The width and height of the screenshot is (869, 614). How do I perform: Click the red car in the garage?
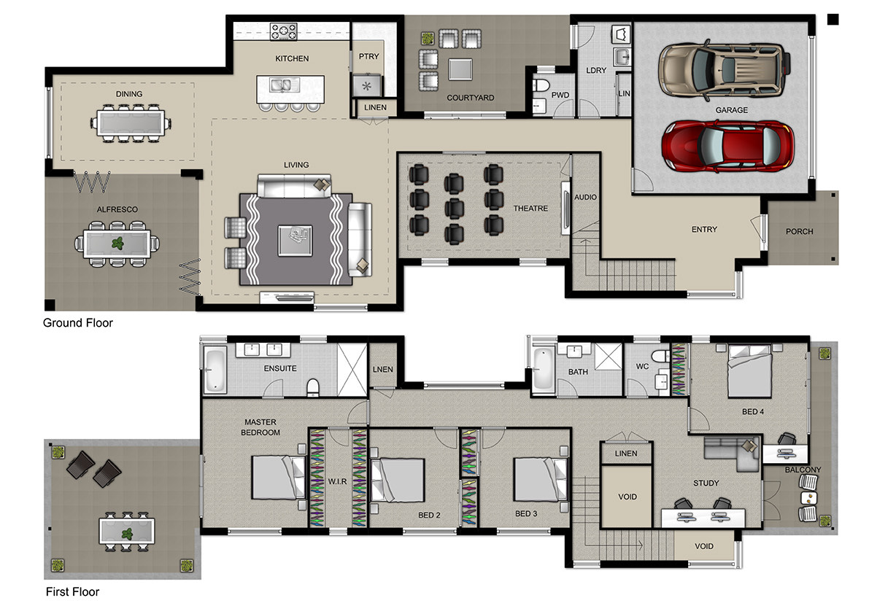[727, 147]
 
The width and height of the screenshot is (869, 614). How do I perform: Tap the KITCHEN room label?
[292, 58]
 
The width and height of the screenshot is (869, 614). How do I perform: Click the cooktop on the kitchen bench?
[283, 31]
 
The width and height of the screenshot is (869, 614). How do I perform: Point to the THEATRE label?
[530, 209]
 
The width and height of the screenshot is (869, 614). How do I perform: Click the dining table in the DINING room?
[130, 123]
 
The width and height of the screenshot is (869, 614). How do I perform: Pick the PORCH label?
[799, 231]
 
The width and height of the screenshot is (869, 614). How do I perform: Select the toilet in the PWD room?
[541, 85]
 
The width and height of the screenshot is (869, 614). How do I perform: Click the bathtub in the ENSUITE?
[215, 369]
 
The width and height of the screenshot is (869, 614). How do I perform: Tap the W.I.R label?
[337, 482]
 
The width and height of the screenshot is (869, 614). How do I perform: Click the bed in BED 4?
[749, 371]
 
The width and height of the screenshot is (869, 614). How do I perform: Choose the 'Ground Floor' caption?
[78, 323]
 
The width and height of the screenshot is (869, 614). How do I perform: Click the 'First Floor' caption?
[73, 592]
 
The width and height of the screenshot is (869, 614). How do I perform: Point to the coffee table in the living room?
[295, 241]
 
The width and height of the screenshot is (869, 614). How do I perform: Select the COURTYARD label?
[471, 98]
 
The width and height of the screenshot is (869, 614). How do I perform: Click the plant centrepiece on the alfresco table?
[117, 243]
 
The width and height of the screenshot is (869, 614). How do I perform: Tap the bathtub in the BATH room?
[543, 368]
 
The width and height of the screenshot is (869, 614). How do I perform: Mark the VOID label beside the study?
[627, 497]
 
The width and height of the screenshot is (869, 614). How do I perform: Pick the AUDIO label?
[585, 197]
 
